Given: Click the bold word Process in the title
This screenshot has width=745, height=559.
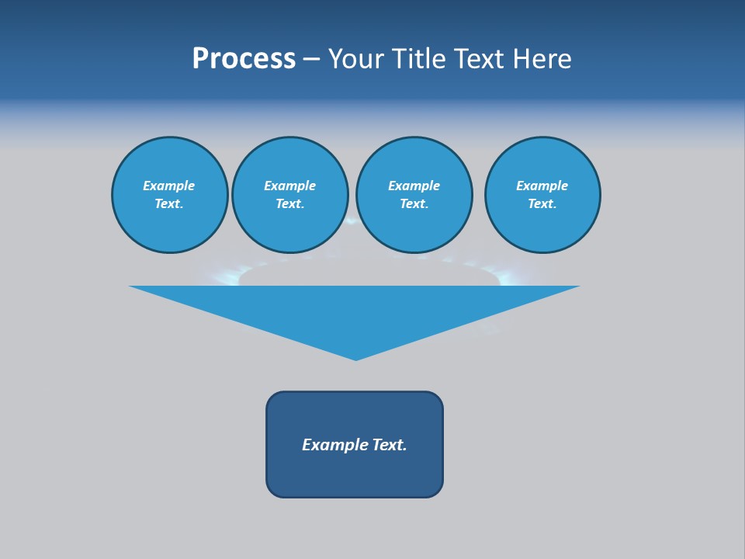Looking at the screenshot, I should pos(244,59).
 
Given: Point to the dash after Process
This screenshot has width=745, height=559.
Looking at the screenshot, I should pos(311,60).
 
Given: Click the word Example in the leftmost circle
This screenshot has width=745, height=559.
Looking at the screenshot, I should pos(169,186).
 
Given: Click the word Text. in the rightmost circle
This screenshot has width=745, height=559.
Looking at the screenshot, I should pos(542,204).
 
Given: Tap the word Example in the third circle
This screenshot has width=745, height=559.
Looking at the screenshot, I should pos(414,186).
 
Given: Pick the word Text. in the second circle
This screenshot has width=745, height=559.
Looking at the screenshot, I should pos(289,204).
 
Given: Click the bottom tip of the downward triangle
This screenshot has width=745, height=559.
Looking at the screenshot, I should pos(355,358).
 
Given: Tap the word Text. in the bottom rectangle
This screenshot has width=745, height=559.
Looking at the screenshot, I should pos(390,445).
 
